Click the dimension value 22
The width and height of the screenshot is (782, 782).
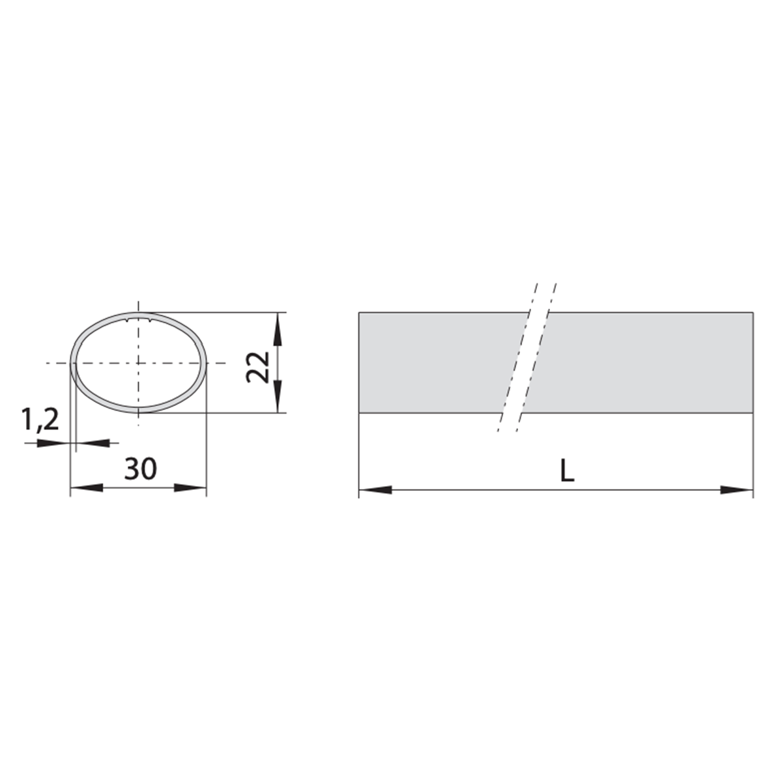258,368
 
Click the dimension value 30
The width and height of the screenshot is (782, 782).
140,469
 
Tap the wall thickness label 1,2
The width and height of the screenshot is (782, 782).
40,420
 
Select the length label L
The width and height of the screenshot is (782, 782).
567,471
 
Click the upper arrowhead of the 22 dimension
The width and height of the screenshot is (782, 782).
278,328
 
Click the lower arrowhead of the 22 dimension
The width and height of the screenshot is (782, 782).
278,396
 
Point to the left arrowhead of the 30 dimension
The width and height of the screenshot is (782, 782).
87,488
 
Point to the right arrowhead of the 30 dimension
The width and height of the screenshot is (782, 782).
190,488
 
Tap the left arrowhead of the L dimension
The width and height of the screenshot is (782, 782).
375,490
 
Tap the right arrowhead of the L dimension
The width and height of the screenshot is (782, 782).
736,490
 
